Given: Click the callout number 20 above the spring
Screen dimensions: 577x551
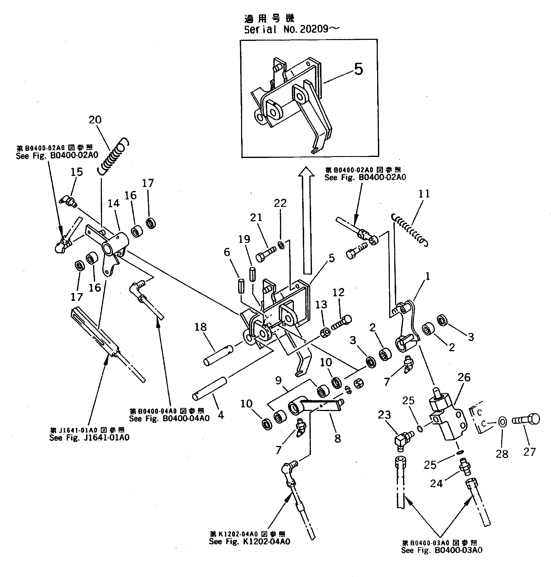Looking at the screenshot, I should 95,120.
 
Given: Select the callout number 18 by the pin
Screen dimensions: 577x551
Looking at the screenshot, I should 201,327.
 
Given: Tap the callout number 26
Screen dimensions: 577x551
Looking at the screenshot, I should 464,377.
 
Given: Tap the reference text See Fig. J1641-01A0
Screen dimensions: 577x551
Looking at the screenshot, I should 89,438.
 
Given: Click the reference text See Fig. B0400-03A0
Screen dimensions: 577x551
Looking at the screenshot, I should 441,550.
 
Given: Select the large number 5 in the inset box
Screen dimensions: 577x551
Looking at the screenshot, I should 358,69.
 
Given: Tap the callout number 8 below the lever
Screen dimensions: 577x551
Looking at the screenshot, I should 337,439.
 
